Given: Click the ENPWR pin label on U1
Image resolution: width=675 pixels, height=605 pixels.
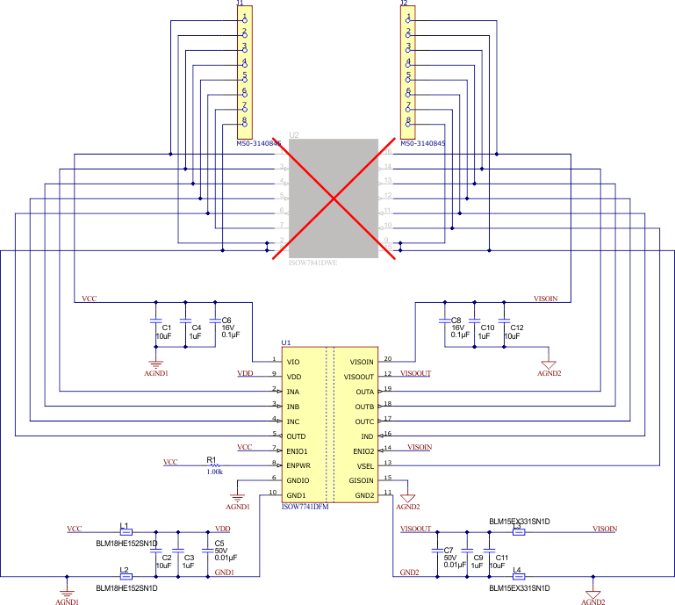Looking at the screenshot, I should (x=300, y=465).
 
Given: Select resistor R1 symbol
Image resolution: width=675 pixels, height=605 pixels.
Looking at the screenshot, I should (x=215, y=465).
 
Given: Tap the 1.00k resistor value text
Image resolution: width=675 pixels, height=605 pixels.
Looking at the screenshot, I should (x=214, y=472).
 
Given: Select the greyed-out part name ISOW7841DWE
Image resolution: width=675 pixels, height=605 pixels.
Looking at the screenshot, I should (x=313, y=262).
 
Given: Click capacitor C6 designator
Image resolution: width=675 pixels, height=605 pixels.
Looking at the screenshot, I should (x=226, y=320).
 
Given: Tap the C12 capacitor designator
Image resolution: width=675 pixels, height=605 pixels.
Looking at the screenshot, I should (x=517, y=327).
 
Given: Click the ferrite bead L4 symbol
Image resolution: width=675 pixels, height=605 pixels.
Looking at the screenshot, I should (x=518, y=577).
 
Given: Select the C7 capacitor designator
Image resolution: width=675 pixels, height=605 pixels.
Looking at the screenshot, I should (x=449, y=550).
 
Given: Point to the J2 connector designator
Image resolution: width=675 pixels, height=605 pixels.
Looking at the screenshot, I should (x=403, y=4).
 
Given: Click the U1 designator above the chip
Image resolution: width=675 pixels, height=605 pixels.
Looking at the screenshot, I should (x=285, y=343).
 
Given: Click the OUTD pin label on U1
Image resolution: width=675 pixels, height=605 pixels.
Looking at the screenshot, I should (x=298, y=436).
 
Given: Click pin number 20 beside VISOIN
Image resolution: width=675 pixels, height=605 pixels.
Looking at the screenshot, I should (x=387, y=357).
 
